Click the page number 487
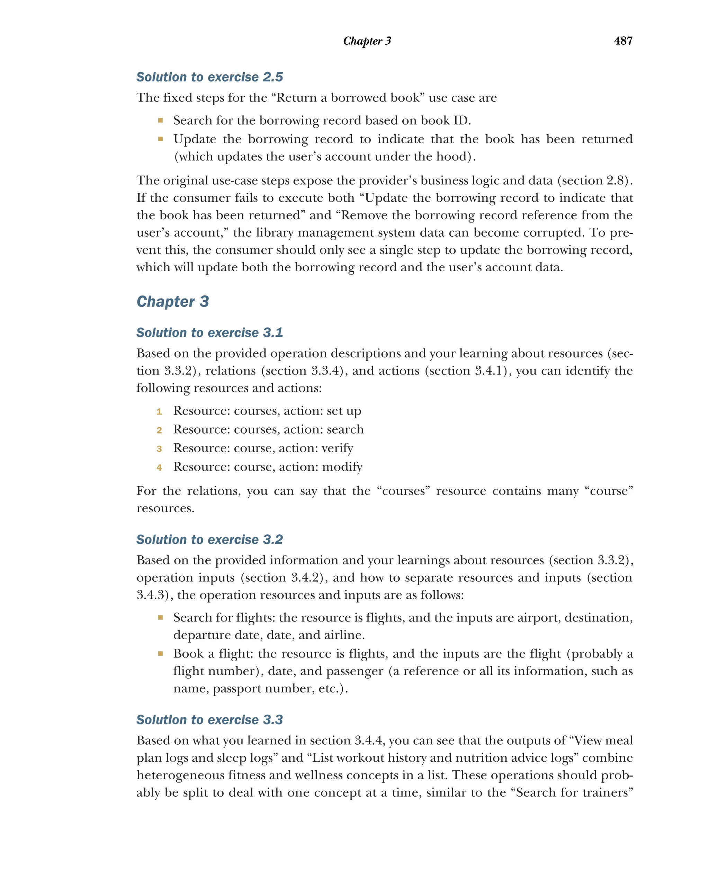click(x=623, y=40)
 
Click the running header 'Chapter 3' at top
click(x=367, y=41)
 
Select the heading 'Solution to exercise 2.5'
click(x=209, y=77)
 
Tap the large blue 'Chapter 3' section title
click(x=172, y=301)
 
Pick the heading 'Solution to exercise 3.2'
click(x=209, y=539)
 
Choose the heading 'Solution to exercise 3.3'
click(x=209, y=719)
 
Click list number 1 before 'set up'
click(x=159, y=411)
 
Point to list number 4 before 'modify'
click(x=159, y=468)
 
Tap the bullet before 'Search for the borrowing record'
click(x=160, y=120)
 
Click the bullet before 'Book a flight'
click(x=160, y=654)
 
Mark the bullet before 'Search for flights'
click(x=160, y=617)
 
